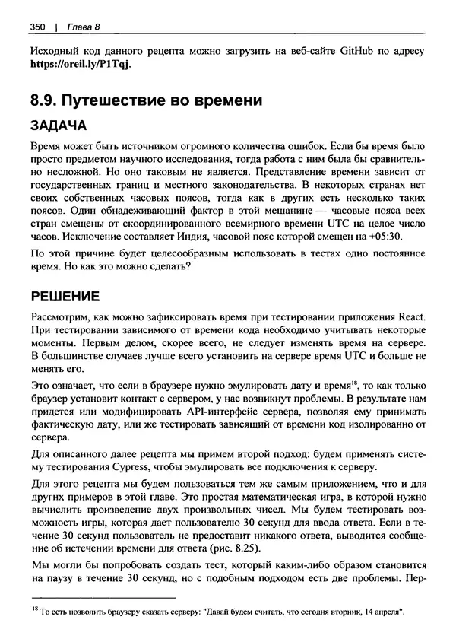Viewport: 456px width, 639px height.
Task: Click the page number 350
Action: click(38, 28)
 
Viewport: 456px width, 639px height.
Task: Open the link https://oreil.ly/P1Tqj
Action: click(80, 65)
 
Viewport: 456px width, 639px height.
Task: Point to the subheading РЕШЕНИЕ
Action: click(66, 296)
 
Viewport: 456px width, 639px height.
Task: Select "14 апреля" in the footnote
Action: click(381, 612)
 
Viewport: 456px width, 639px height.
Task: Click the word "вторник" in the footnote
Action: click(333, 612)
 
